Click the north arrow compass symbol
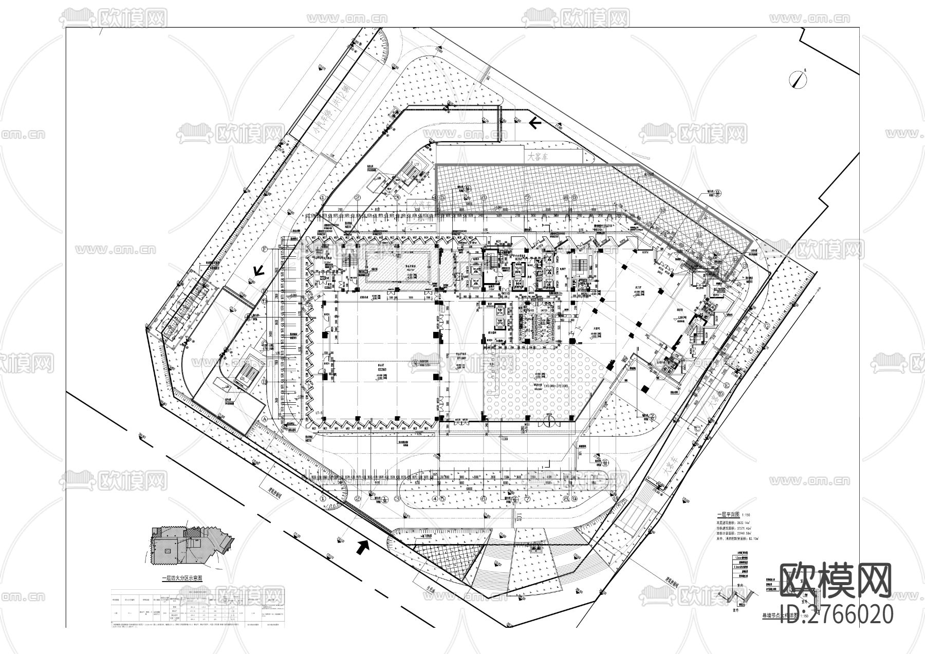(x=799, y=79)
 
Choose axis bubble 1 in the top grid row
(x=323, y=197)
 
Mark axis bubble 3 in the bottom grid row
(x=397, y=498)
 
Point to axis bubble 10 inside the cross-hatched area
(x=663, y=211)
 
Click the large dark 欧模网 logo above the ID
(x=836, y=580)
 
